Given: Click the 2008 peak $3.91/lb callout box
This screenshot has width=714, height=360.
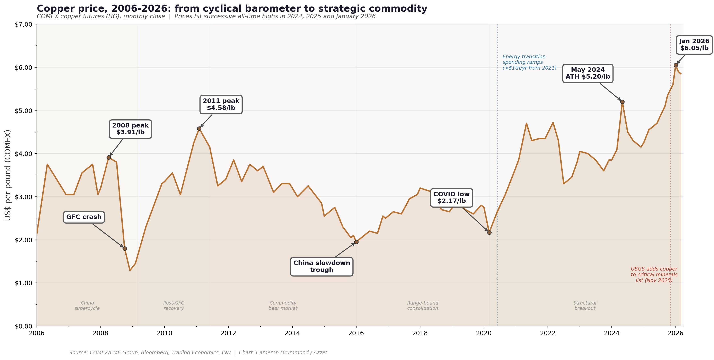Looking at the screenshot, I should click(130, 129).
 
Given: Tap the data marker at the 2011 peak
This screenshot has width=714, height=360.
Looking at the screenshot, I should click(199, 129).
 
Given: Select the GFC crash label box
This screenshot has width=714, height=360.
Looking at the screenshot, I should click(84, 217).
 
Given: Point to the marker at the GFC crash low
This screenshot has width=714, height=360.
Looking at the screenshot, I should click(125, 249).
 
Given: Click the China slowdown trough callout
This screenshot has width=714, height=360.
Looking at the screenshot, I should click(321, 267).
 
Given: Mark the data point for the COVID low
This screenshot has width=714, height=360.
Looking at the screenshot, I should click(489, 232).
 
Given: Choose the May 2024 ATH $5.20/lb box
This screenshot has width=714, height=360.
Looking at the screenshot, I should click(588, 73).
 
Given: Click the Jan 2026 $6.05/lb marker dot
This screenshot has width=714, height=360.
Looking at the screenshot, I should click(676, 65).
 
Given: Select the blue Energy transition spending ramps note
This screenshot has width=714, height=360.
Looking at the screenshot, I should click(529, 62).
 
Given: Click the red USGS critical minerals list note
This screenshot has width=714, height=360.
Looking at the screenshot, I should click(654, 275).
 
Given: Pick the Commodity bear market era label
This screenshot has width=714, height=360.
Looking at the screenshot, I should click(283, 306).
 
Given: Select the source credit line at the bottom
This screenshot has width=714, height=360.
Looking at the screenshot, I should click(198, 352).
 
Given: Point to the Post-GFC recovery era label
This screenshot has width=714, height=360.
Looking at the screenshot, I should click(174, 306).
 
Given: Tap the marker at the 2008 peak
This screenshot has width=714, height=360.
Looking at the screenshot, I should click(109, 157).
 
